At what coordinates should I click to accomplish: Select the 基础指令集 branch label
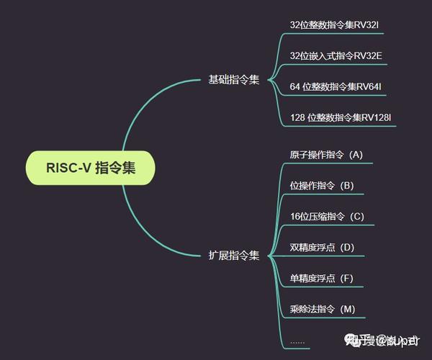click(233, 80)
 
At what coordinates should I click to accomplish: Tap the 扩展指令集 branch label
click(233, 255)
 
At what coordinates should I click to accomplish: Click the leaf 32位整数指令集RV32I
click(333, 24)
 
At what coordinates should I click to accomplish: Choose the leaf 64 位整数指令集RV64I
click(335, 86)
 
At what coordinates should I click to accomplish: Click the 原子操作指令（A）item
click(326, 155)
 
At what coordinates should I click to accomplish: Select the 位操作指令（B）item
click(322, 186)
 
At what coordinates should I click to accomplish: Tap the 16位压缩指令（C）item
click(327, 217)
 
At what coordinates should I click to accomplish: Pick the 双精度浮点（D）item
click(322, 248)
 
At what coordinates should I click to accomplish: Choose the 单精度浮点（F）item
click(322, 279)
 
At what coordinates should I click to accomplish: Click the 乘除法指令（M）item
click(323, 310)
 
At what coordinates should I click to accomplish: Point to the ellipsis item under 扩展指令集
click(297, 341)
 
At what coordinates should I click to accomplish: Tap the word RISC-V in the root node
click(67, 168)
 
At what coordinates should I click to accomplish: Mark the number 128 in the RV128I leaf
click(297, 117)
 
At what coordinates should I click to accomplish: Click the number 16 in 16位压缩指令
click(294, 217)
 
